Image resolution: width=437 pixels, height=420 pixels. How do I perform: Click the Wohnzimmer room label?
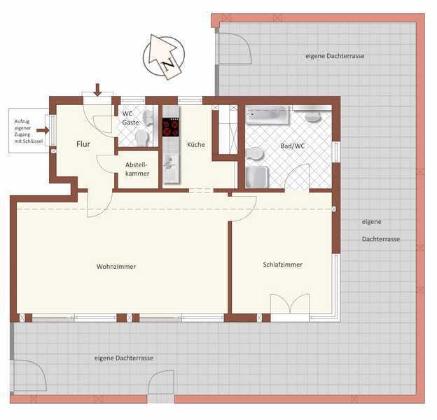pos(116,267)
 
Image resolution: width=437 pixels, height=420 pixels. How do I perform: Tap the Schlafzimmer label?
pos(283,265)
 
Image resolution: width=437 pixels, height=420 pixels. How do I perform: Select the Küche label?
pos(196,144)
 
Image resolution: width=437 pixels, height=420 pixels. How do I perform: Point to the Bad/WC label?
pos(293,146)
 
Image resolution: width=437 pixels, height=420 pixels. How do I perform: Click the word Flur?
pos(83,144)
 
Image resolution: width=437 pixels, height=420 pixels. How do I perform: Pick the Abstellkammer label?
pos(137,169)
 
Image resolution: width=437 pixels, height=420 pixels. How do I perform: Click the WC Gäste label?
pos(130,118)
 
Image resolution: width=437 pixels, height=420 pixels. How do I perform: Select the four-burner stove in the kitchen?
pos(171,127)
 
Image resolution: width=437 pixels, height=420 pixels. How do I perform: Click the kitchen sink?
pos(170,163)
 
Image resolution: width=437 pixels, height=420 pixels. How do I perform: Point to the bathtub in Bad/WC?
pos(267,115)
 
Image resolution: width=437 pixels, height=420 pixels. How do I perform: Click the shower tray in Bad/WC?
pos(257,177)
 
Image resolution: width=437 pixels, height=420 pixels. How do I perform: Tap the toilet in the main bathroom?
pos(255,154)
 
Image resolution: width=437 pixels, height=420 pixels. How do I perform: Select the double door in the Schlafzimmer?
pos(290,304)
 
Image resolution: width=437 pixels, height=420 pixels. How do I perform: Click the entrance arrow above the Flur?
pos(97,90)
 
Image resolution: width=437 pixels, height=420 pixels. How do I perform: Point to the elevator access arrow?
pos(43,130)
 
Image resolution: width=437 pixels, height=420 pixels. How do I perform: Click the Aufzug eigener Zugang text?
pos(29,131)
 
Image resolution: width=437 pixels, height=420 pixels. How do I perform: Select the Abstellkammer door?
pos(105,164)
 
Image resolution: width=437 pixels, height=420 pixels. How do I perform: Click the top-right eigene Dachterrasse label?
pos(335,56)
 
